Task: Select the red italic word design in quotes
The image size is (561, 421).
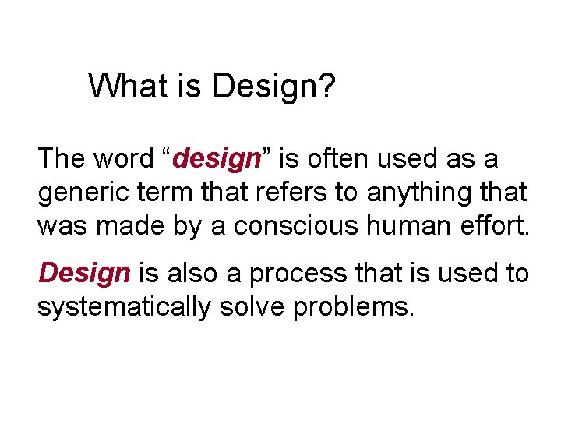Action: coord(217,160)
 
